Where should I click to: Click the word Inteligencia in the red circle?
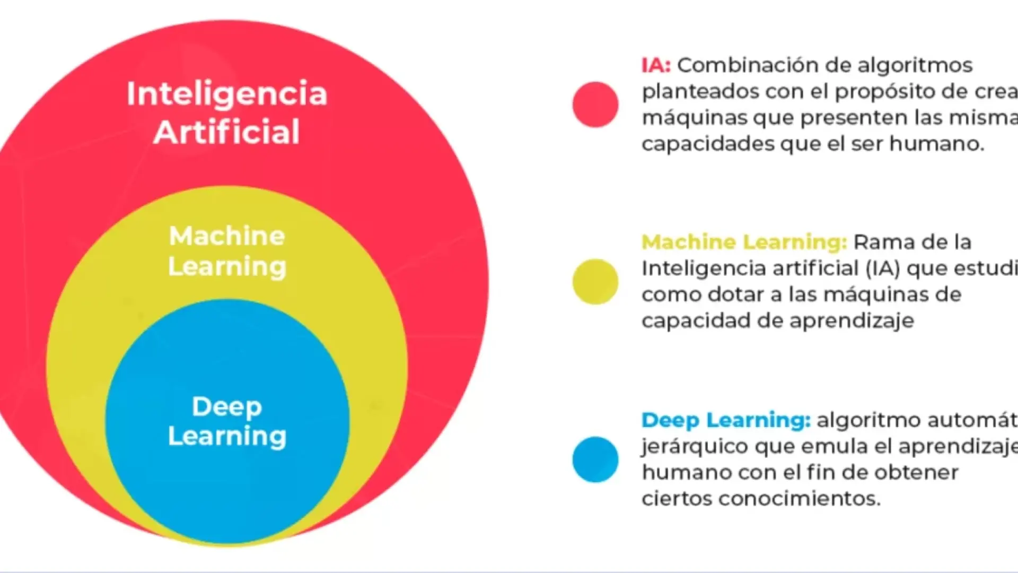pos(227,94)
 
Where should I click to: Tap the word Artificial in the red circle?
pos(227,132)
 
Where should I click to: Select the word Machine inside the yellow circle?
pos(227,236)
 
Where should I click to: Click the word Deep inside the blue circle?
pos(227,407)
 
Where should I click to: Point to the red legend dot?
pos(595,105)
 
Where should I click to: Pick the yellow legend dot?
pos(595,282)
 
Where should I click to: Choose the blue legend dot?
pos(595,459)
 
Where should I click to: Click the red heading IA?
pos(656,65)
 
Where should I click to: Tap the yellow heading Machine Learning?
pos(744,242)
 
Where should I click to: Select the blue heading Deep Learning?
pos(726,420)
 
